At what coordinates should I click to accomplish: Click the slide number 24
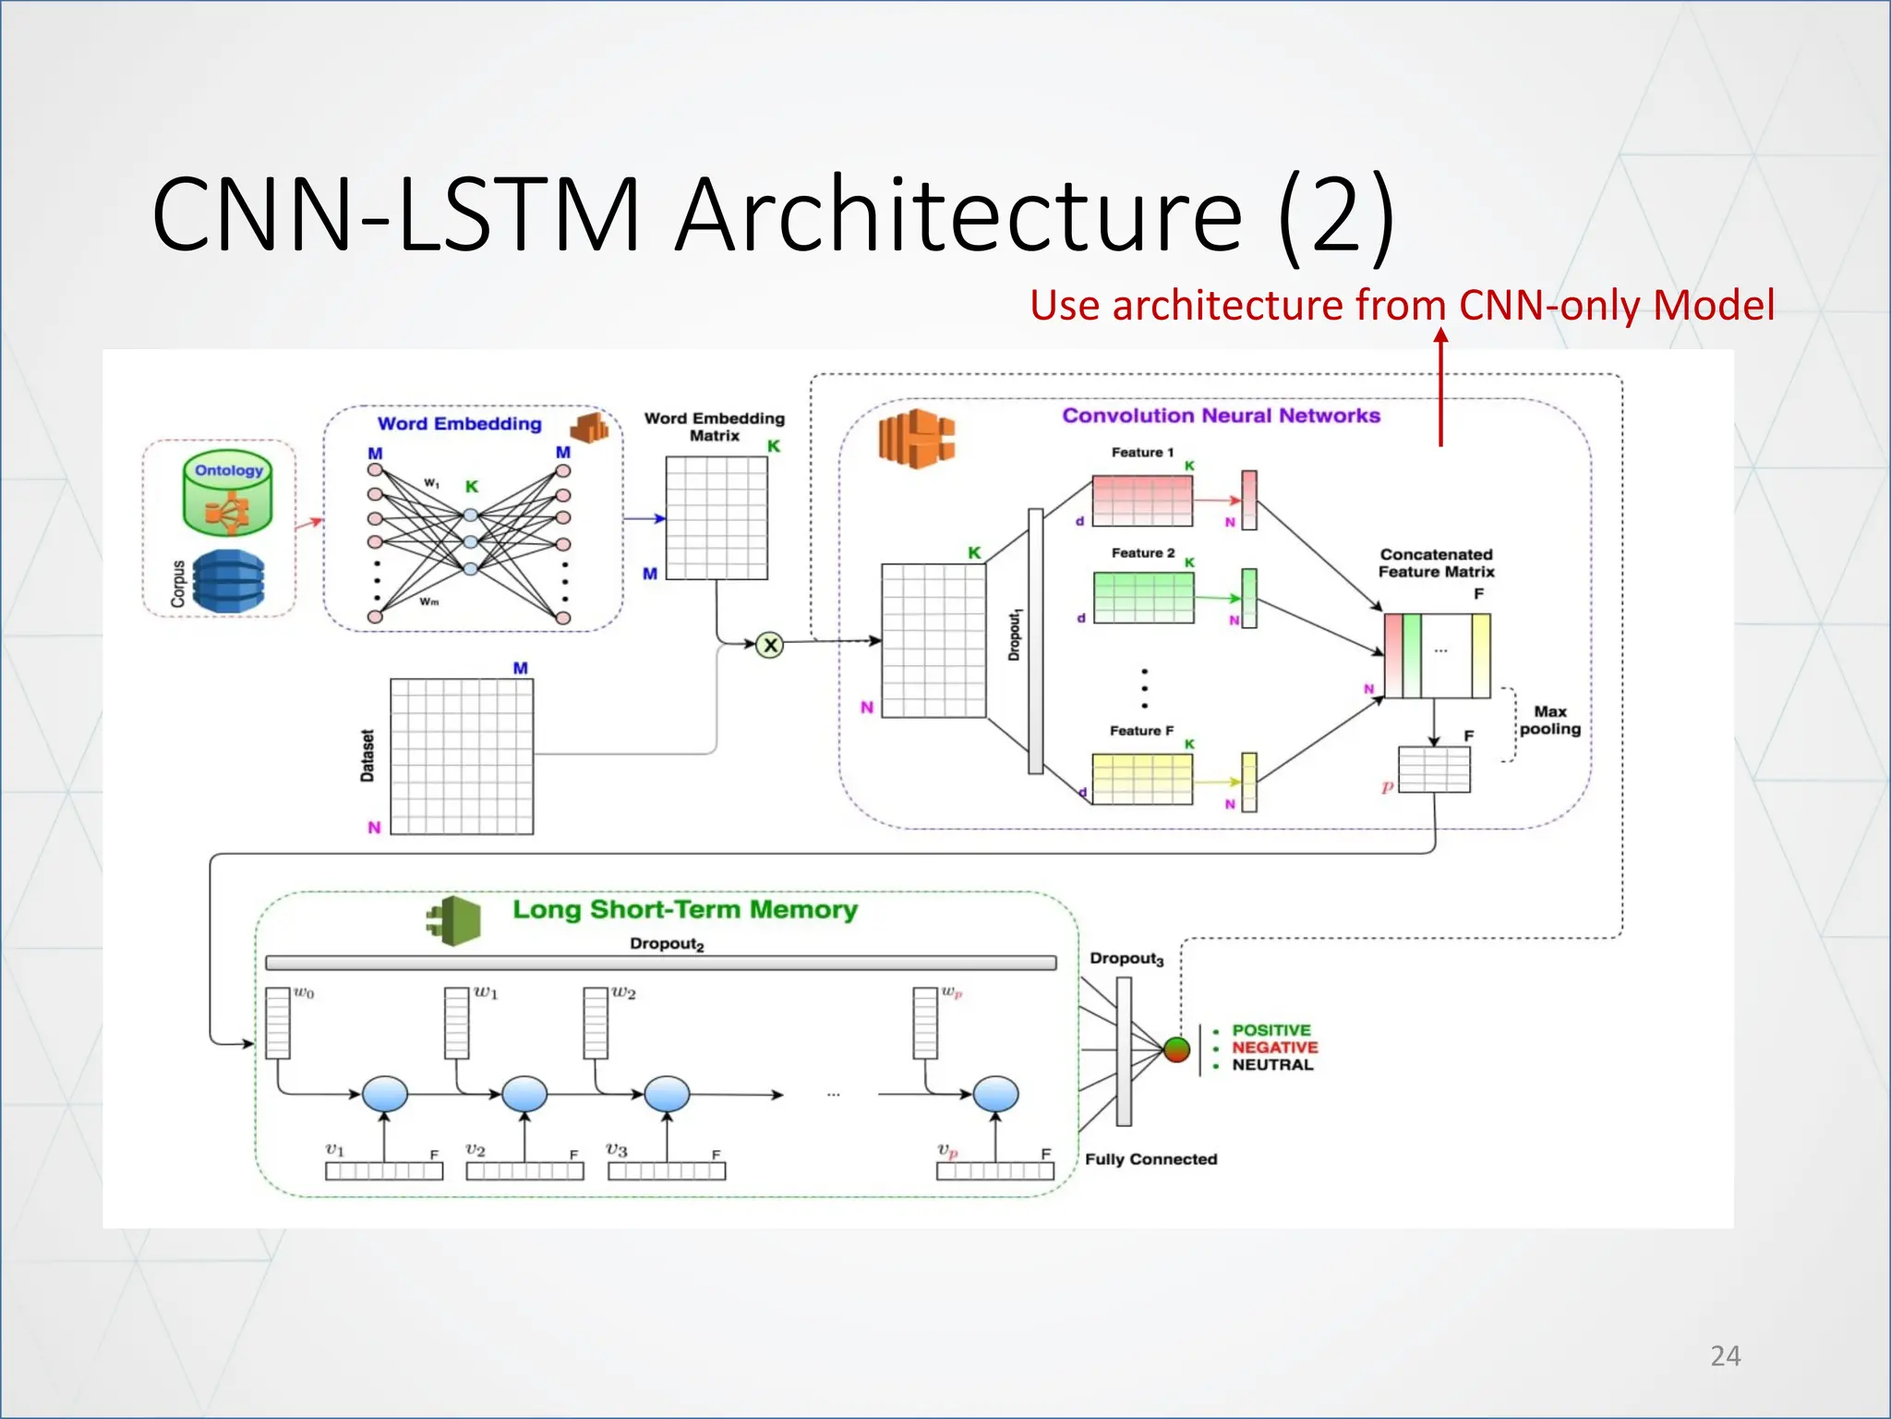[x=1725, y=1355]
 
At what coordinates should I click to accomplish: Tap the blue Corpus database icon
[x=227, y=581]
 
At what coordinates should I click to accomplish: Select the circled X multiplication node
[x=769, y=645]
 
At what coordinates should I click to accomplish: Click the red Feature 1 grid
[x=1142, y=500]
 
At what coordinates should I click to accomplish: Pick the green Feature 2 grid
[x=1143, y=597]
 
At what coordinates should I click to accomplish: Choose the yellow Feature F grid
[x=1142, y=778]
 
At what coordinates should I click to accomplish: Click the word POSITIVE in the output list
[x=1271, y=1030]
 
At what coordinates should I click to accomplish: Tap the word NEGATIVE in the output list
[x=1274, y=1048]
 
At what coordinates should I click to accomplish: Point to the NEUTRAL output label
[x=1272, y=1065]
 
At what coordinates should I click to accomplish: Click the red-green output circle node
[x=1176, y=1049]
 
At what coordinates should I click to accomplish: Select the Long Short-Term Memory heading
[x=684, y=910]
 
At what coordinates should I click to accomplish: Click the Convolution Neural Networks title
[x=1221, y=416]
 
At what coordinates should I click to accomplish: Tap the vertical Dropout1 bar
[x=1035, y=640]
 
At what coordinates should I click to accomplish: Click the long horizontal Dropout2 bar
[x=660, y=963]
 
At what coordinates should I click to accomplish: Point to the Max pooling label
[x=1549, y=721]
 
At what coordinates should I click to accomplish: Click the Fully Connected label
[x=1150, y=1159]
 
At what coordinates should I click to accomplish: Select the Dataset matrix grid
[x=462, y=757]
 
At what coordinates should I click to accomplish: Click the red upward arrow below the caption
[x=1440, y=388]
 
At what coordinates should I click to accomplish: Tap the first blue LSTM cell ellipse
[x=385, y=1094]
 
